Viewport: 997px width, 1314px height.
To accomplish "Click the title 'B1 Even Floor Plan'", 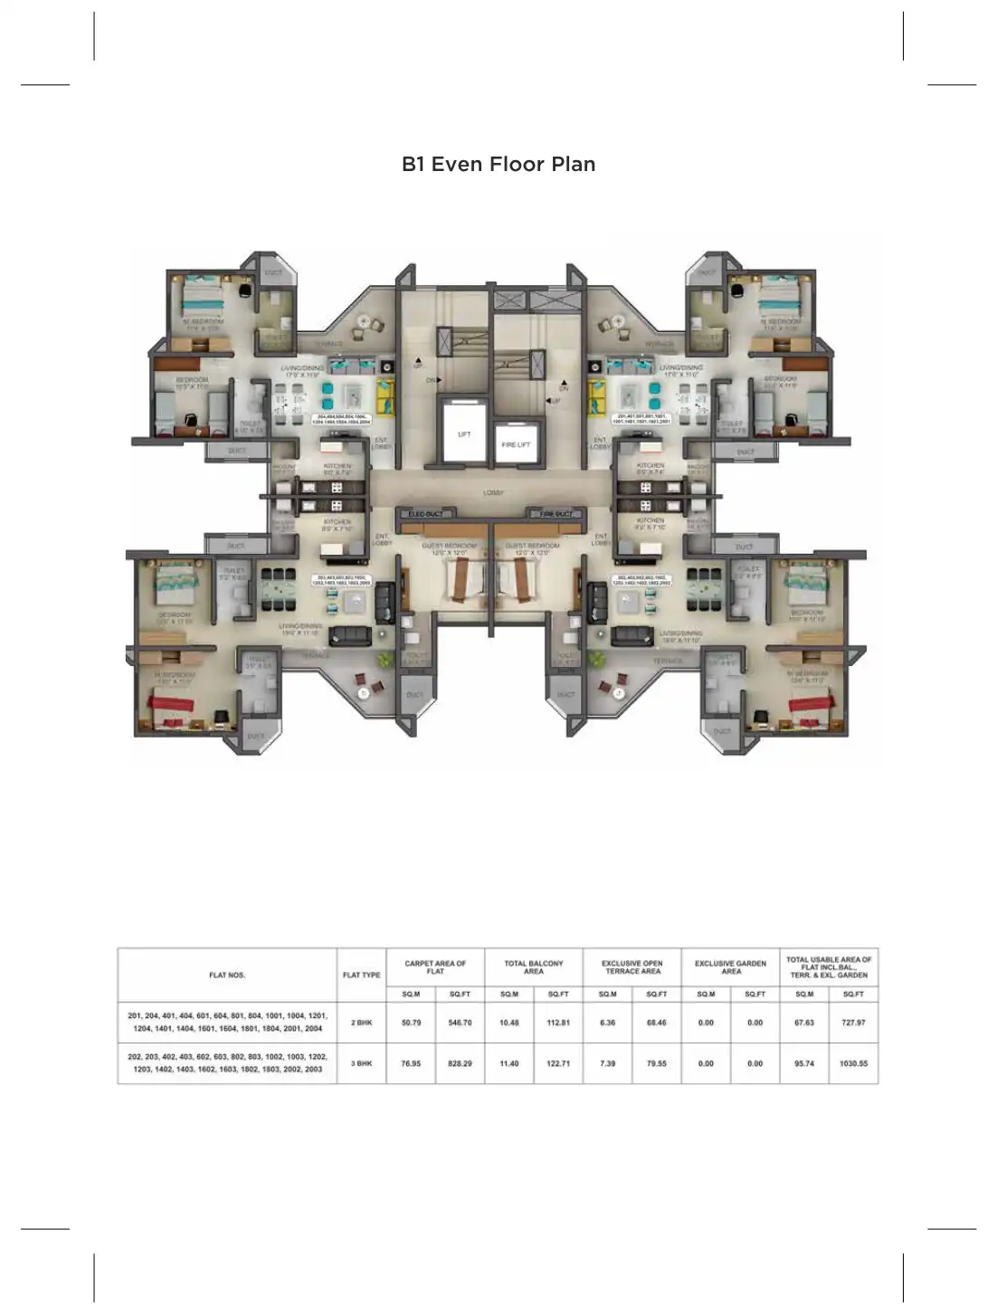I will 498,164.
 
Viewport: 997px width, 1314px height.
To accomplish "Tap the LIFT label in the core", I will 464,434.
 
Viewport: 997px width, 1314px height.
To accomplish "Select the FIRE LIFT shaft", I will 517,443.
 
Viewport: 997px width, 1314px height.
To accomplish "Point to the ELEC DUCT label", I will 426,514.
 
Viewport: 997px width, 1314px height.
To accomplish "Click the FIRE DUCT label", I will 555,514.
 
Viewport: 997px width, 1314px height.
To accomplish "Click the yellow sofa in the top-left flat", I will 386,395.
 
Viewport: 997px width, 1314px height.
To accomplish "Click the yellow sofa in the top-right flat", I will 597,395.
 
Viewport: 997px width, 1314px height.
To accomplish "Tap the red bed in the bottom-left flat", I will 172,703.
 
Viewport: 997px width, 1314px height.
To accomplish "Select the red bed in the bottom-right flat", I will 810,703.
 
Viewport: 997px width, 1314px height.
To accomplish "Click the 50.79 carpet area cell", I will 411,1023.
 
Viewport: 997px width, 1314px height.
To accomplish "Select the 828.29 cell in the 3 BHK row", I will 460,1063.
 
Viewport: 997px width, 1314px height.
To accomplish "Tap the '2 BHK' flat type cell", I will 361,1023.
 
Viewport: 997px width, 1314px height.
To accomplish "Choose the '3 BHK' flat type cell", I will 361,1063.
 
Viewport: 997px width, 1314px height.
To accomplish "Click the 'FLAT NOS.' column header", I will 227,975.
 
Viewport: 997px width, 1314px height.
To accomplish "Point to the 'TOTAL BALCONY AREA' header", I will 534,966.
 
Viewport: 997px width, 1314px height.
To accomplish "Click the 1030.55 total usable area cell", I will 853,1063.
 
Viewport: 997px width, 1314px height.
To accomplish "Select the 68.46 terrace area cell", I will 656,1023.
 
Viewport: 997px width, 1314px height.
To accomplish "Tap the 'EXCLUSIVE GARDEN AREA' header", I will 730,966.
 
